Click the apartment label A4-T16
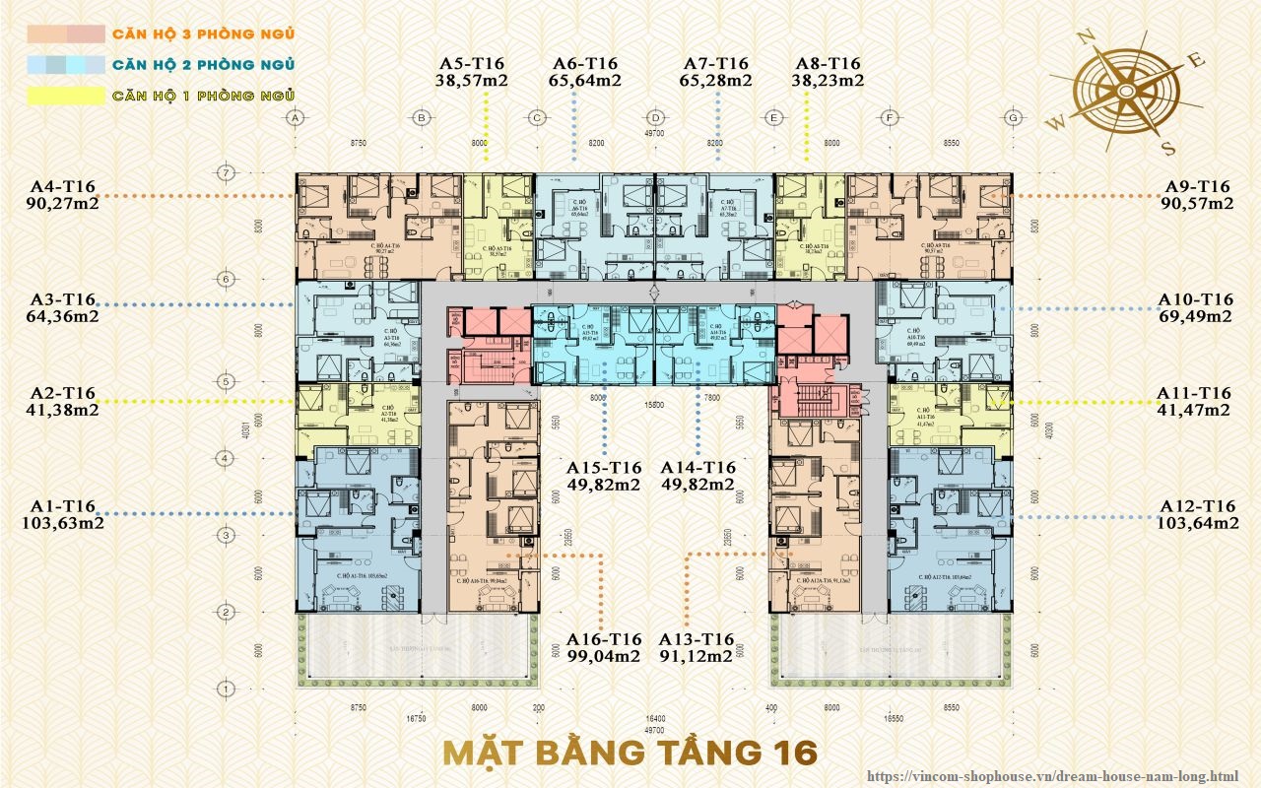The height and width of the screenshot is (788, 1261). coord(62,186)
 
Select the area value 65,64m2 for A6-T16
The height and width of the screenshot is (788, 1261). coord(585,81)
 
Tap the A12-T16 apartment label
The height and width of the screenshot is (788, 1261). coord(1198,506)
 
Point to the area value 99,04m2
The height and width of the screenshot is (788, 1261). coord(603,656)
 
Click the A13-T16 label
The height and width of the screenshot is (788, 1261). coord(697,638)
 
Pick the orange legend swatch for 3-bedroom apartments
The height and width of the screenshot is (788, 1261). coord(65,34)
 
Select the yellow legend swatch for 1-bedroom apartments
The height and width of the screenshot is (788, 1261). coord(65,97)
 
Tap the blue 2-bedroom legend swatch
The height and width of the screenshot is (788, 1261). coord(65,66)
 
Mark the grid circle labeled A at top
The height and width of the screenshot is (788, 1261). coord(294,118)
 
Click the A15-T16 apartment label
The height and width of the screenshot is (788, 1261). coord(603,468)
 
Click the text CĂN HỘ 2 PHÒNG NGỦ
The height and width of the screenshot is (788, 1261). coord(204,66)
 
